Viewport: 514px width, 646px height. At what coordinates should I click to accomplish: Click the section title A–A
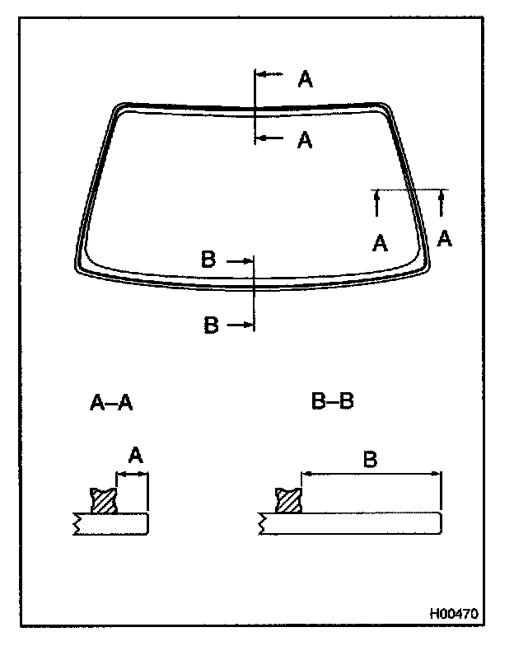point(111,403)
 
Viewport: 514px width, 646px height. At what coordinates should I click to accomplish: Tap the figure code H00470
point(453,614)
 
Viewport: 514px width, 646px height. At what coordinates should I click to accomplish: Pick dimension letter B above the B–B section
point(370,459)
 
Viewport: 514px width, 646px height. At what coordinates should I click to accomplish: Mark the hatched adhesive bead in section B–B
point(288,500)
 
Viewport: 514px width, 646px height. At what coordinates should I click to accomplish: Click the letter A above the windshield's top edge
point(305,79)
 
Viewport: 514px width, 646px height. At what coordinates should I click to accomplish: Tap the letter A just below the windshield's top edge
point(305,141)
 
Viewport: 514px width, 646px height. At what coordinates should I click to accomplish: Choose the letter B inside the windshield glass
point(208,260)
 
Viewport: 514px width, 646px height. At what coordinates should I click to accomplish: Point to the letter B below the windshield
point(211,325)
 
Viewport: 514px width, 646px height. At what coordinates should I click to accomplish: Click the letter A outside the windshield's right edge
point(444,238)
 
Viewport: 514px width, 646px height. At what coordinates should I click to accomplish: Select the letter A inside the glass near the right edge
point(380,243)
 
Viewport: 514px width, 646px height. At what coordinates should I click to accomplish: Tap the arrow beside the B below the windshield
point(241,325)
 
